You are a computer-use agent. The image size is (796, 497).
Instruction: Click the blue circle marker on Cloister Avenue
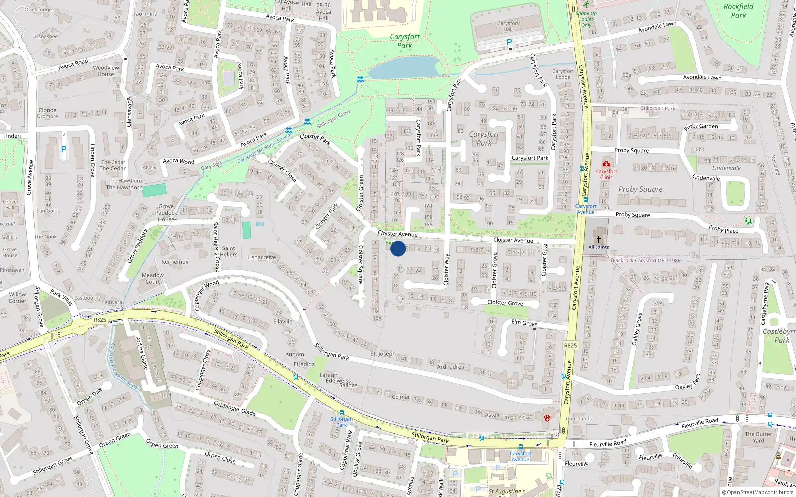(x=398, y=248)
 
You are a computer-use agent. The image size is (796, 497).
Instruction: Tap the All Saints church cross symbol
(x=598, y=239)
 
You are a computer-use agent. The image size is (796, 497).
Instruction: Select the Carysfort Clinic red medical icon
(x=606, y=164)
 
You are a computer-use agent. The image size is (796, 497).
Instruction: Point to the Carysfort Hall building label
(x=508, y=26)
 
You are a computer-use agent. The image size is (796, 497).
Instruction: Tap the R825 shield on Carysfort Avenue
(x=570, y=345)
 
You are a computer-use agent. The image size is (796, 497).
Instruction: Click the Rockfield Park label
(x=738, y=11)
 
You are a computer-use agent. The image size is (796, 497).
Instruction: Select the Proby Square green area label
(x=640, y=189)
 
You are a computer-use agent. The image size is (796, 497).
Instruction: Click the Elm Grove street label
(x=524, y=323)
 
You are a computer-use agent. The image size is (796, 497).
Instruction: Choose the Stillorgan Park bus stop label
(x=341, y=422)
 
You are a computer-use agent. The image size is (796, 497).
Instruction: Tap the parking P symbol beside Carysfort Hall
(x=509, y=43)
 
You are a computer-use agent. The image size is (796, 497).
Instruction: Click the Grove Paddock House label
(x=166, y=213)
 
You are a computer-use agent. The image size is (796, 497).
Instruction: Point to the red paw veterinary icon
(x=547, y=418)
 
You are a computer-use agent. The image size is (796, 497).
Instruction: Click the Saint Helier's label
(x=229, y=251)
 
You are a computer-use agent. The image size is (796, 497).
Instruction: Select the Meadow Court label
(x=153, y=278)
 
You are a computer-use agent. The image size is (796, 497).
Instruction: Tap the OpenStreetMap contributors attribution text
(x=758, y=492)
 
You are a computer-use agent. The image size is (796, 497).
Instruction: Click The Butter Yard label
(x=758, y=437)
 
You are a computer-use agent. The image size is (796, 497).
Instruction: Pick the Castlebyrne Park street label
(x=766, y=303)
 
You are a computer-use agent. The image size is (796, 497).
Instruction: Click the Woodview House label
(x=106, y=71)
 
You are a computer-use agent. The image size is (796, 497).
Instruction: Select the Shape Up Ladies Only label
(x=586, y=19)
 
